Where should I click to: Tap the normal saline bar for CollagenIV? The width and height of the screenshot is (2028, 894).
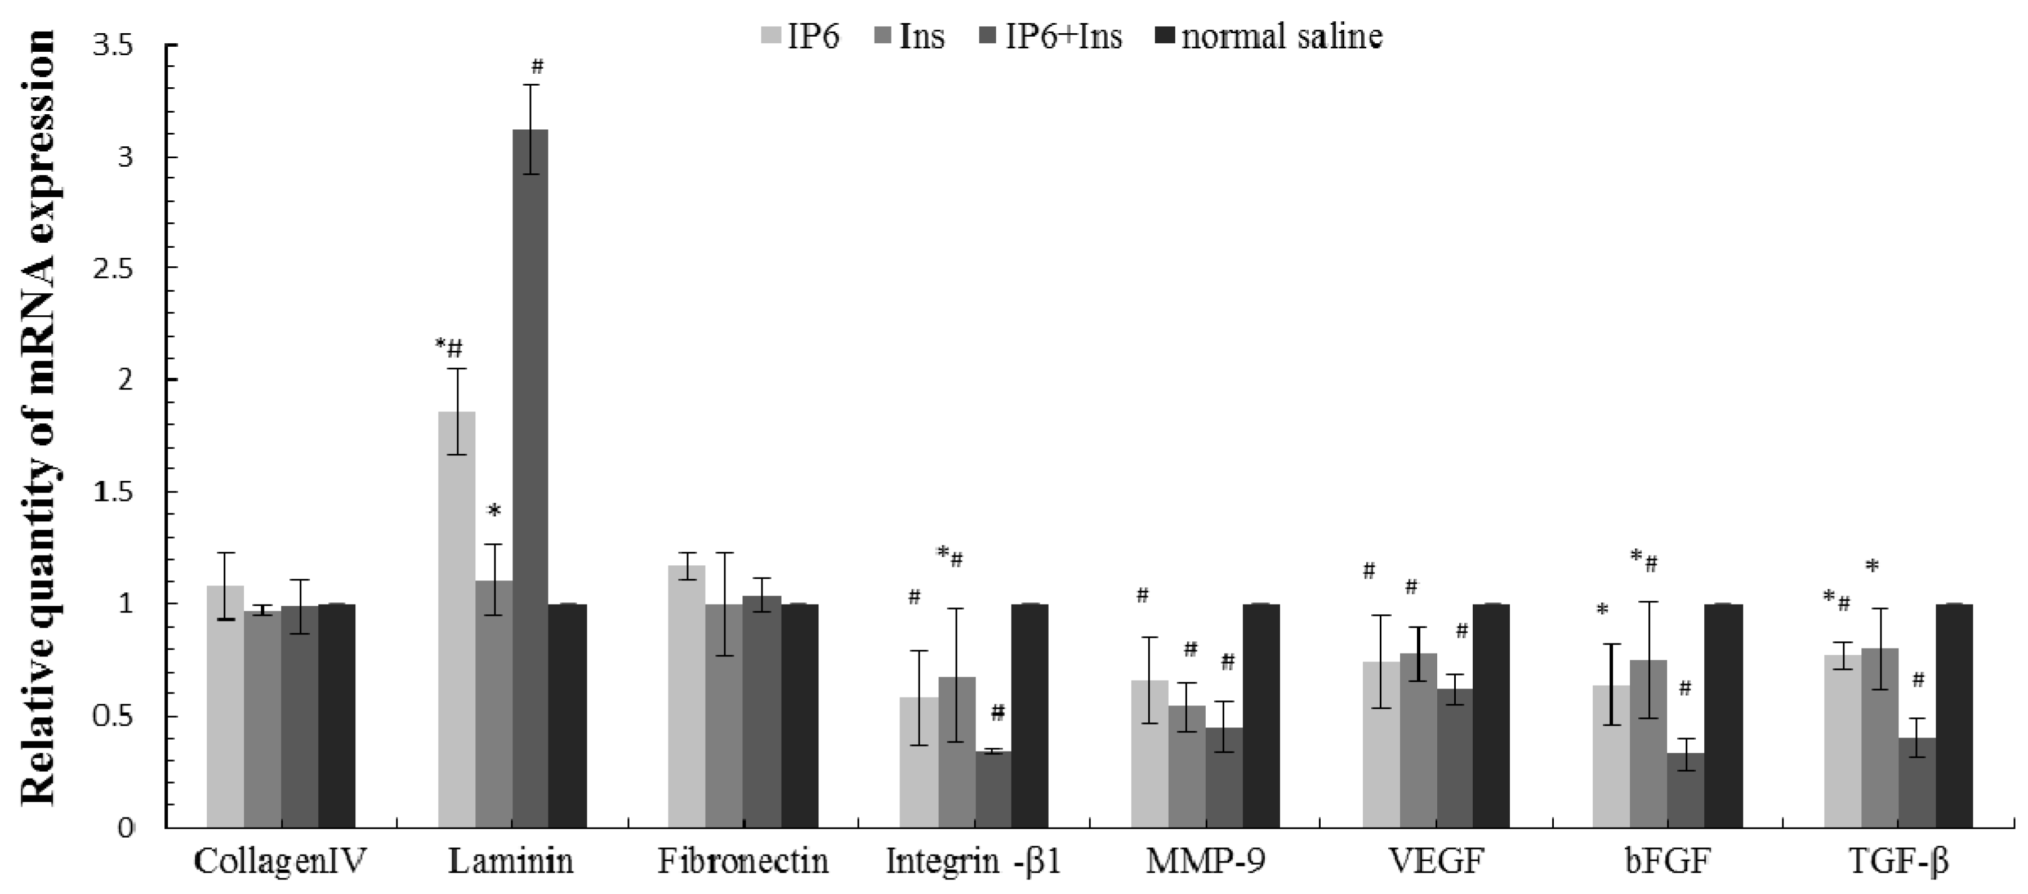pos(337,716)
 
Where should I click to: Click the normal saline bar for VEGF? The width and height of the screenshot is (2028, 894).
pos(1491,716)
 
